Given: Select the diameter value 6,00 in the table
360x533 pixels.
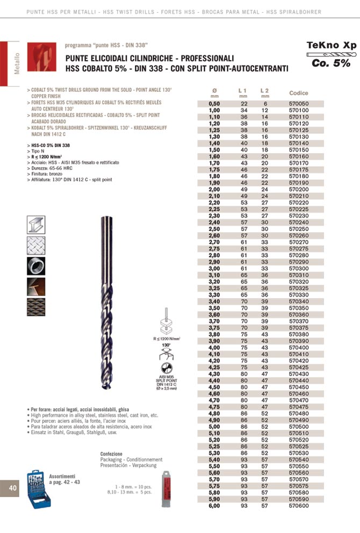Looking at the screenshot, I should pyautogui.click(x=214, y=506).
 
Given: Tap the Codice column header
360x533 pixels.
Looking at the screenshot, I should pyautogui.click(x=299, y=93).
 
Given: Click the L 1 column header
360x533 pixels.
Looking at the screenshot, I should pyautogui.click(x=242, y=90).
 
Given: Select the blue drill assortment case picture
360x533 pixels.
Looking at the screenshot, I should pyautogui.click(x=38, y=490).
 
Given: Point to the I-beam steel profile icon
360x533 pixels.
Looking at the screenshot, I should pyautogui.click(x=36, y=225).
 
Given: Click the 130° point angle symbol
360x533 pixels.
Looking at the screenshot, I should pyautogui.click(x=165, y=351).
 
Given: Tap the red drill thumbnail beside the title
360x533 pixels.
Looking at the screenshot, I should pyautogui.click(x=41, y=57).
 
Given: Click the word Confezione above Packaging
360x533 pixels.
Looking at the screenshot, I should pyautogui.click(x=111, y=454).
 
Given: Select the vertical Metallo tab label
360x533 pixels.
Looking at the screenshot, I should pyautogui.click(x=17, y=63).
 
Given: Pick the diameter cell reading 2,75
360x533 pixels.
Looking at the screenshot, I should pyautogui.click(x=214, y=248).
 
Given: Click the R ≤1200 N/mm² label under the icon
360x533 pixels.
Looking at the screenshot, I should pyautogui.click(x=166, y=338).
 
